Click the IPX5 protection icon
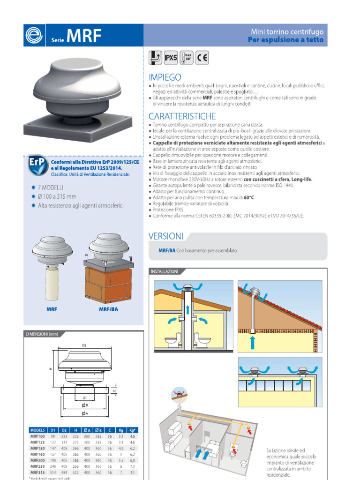point(170,58)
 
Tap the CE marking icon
point(202,58)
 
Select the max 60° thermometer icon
point(187,58)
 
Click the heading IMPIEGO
point(165,77)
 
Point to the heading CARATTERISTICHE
point(182,116)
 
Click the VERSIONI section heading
point(166,236)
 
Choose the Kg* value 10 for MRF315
point(132,472)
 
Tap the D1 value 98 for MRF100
point(53,435)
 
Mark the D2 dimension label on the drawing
point(84,345)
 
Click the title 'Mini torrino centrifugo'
point(287,32)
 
